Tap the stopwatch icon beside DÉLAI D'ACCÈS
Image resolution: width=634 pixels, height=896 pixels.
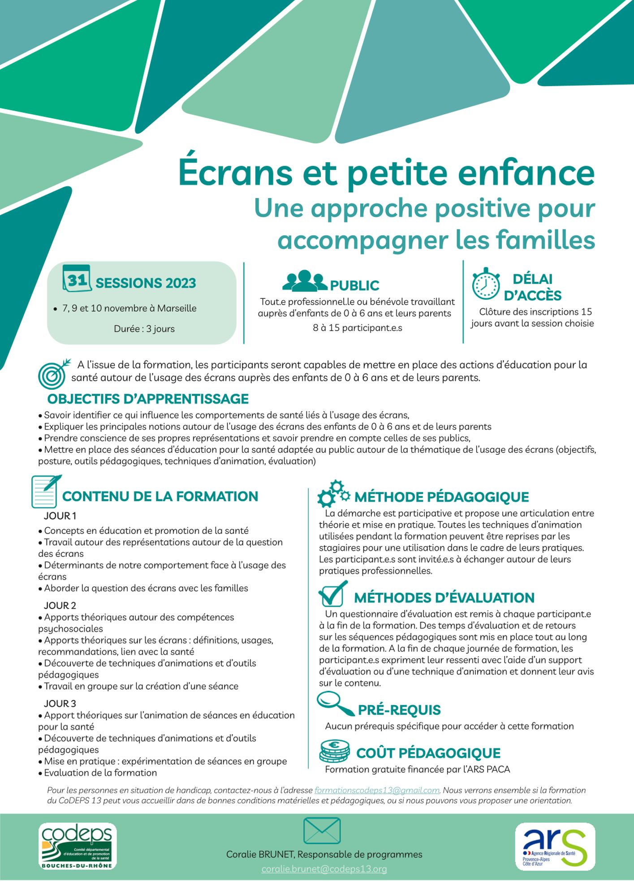click(486, 284)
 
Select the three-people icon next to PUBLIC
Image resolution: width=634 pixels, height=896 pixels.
click(305, 281)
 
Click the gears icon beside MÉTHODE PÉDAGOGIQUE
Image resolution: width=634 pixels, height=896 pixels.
click(333, 494)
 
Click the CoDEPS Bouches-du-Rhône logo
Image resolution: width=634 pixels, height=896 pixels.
click(77, 846)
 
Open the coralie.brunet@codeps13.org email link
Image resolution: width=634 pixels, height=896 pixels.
click(324, 869)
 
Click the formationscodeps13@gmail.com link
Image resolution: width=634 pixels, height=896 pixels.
click(377, 790)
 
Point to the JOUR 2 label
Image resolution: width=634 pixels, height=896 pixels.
click(60, 606)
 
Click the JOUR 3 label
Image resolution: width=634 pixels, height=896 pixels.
click(60, 703)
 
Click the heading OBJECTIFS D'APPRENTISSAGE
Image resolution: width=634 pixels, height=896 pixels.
click(148, 399)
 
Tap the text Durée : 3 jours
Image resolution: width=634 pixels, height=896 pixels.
click(144, 329)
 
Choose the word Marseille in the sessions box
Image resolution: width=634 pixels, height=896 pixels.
click(177, 308)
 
